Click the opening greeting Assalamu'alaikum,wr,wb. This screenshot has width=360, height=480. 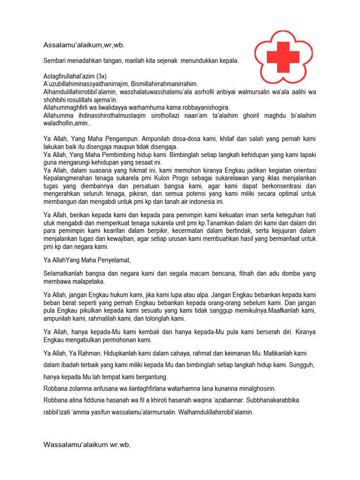click(x=84, y=45)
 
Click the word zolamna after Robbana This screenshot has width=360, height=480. click(x=85, y=389)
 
